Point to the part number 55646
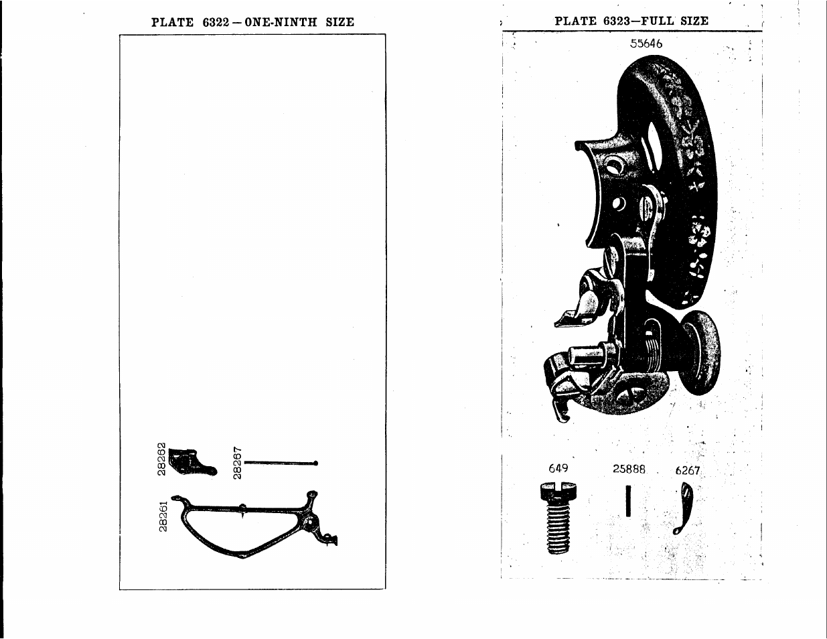point(646,44)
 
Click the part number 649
point(558,468)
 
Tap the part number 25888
point(629,470)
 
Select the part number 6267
point(687,470)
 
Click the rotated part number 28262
point(161,459)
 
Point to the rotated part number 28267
point(237,463)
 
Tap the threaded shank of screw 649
point(558,529)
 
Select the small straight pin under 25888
point(628,500)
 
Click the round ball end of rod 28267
point(315,463)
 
